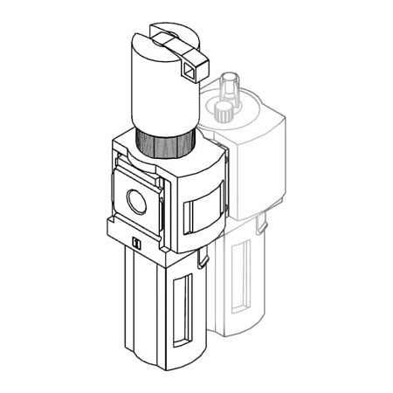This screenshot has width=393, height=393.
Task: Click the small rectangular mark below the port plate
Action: pos(135,242)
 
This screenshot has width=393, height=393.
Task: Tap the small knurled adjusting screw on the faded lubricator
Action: pos(224,111)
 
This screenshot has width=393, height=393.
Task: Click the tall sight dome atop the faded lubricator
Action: pos(229,87)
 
